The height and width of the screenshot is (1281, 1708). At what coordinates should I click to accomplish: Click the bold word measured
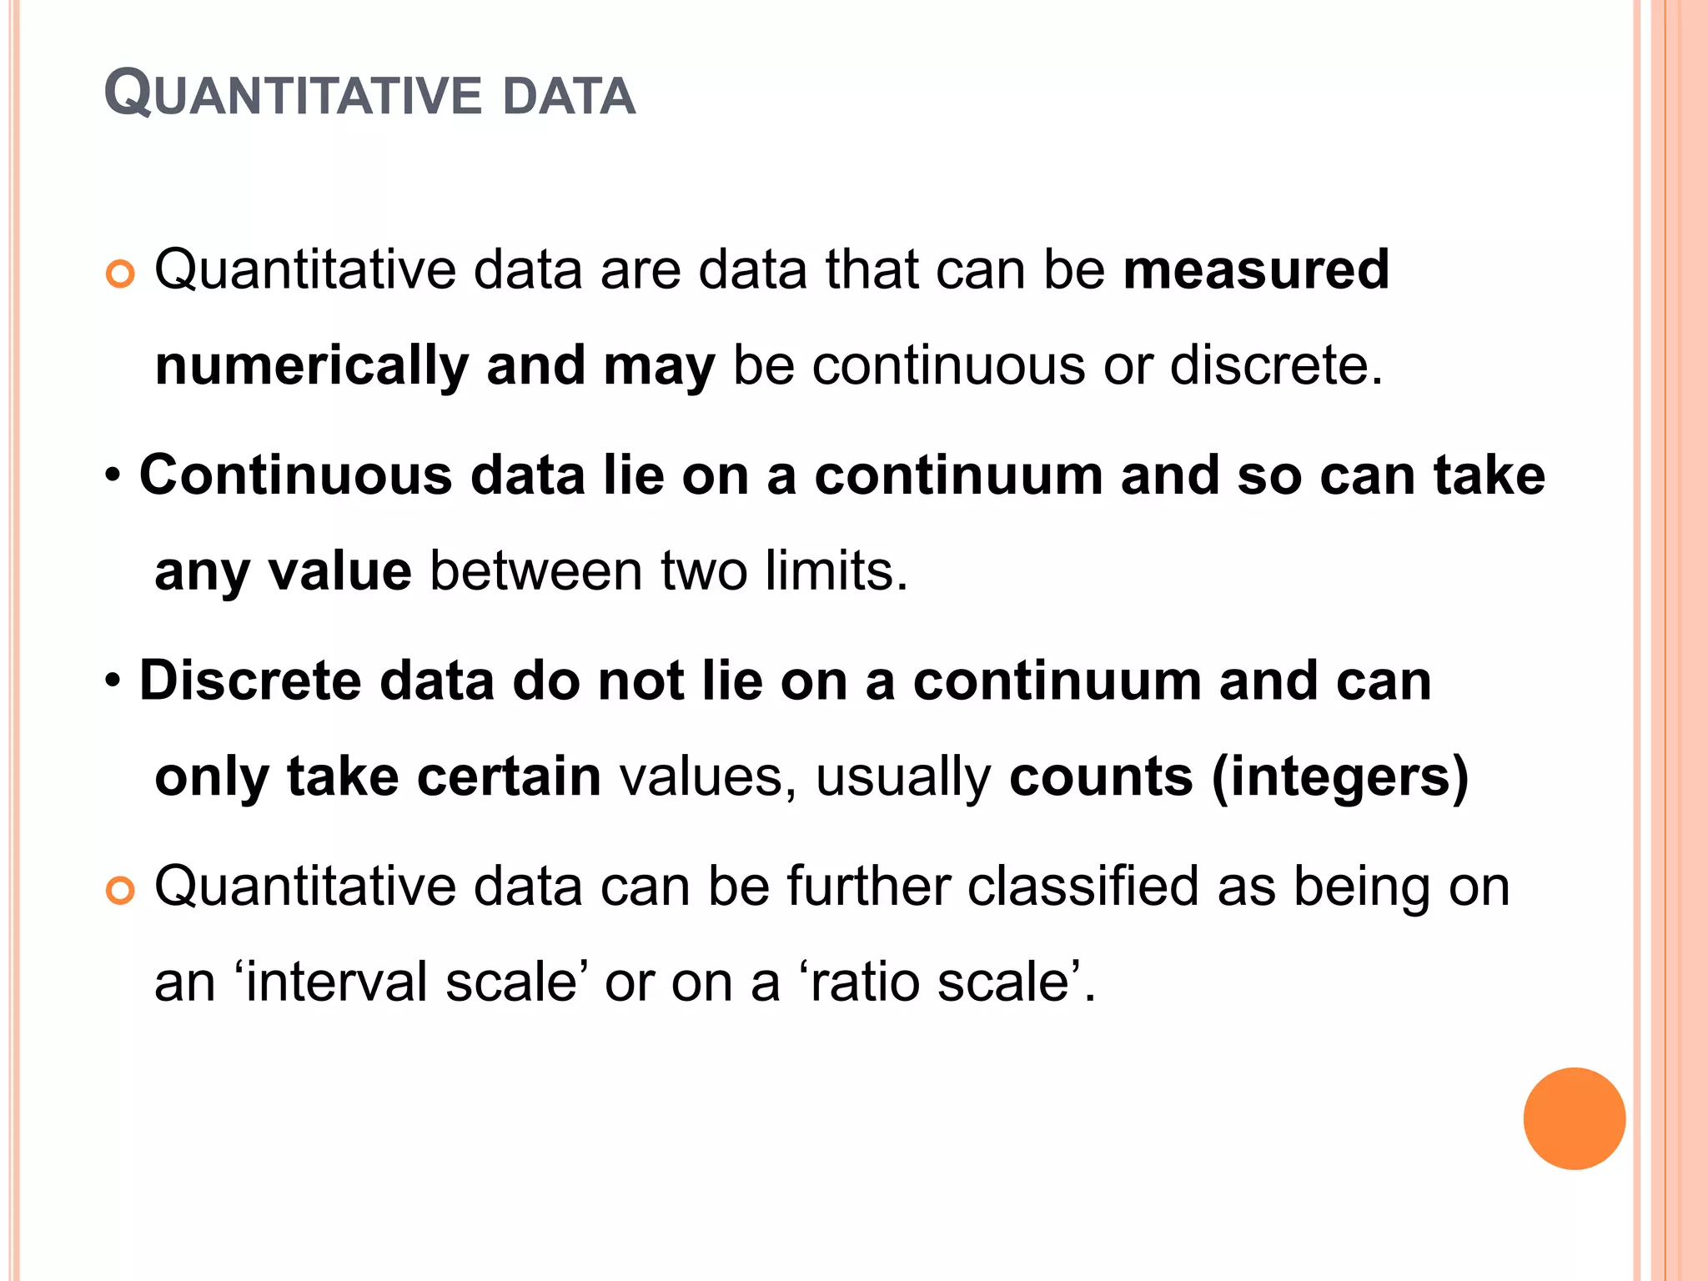point(1256,269)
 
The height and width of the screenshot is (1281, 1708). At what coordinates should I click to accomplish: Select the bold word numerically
point(313,367)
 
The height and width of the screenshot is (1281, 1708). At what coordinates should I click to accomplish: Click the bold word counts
point(1101,776)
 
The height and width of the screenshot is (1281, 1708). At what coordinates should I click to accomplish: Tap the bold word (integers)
point(1339,778)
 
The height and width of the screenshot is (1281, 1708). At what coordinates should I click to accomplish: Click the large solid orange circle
point(1574,1118)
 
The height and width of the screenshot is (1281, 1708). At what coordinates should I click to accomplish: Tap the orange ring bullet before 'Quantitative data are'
point(121,274)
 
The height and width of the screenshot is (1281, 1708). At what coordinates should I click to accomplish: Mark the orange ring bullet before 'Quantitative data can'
point(121,891)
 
